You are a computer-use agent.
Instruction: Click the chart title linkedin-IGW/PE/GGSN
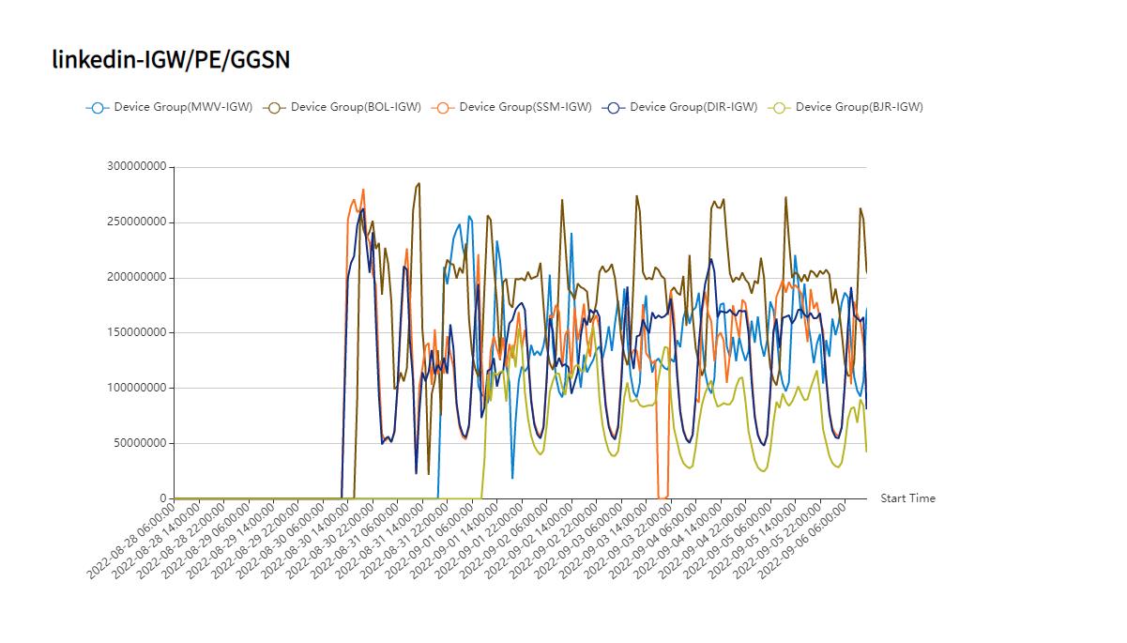point(171,60)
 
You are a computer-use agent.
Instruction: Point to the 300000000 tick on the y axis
point(138,167)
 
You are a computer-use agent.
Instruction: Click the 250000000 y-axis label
point(138,222)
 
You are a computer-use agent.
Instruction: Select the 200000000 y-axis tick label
point(138,278)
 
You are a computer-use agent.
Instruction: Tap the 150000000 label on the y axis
point(138,332)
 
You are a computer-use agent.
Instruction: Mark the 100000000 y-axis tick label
point(138,388)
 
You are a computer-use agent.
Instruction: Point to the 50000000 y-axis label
point(141,443)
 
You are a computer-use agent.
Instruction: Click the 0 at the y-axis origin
point(162,498)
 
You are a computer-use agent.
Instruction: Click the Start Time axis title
point(907,498)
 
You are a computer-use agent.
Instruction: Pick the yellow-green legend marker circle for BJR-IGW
point(779,107)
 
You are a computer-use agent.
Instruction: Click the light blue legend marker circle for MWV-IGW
point(98,107)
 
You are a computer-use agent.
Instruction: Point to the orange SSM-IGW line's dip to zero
point(662,497)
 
